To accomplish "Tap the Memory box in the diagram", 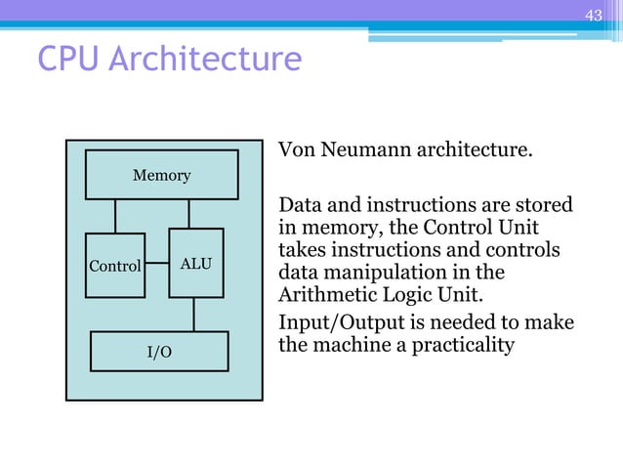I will point(161,175).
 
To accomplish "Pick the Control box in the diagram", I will point(114,265).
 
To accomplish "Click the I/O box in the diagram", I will point(159,352).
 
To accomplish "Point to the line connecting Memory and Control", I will point(115,216).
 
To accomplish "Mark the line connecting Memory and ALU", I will point(189,214).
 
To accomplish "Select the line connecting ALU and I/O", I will point(194,314).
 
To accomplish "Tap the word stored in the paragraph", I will point(546,206).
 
